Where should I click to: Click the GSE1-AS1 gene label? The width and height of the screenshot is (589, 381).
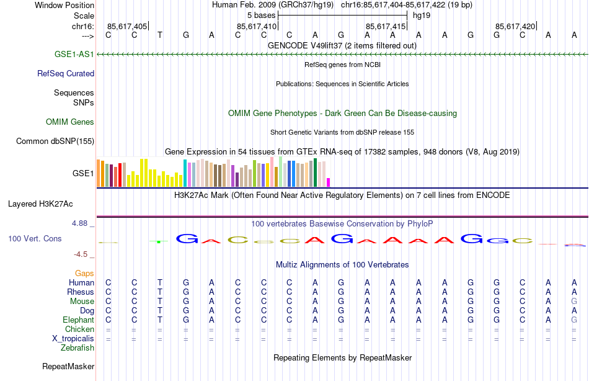coord(74,55)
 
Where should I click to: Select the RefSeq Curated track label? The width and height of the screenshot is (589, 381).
coord(66,73)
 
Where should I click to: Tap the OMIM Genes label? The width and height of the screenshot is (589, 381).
coord(70,122)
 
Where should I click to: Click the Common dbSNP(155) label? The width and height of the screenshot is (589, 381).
coord(55,141)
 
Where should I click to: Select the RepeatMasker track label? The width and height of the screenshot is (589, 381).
coord(68,367)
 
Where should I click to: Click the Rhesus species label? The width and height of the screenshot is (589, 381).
coord(81,292)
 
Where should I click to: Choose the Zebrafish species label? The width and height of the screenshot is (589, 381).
coord(77,348)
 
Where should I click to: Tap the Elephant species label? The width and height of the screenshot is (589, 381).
coord(78,320)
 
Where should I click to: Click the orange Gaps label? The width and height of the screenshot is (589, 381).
coord(84,274)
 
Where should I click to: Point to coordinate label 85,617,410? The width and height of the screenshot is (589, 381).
coord(257,26)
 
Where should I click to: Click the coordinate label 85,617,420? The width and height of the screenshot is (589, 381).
coord(515,26)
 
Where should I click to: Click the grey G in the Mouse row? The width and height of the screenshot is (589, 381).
coord(574,302)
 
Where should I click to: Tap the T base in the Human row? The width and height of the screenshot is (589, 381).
coord(160,283)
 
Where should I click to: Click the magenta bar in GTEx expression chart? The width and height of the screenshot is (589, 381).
coord(328,182)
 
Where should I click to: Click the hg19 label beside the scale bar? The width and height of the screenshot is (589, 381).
coord(422,15)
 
